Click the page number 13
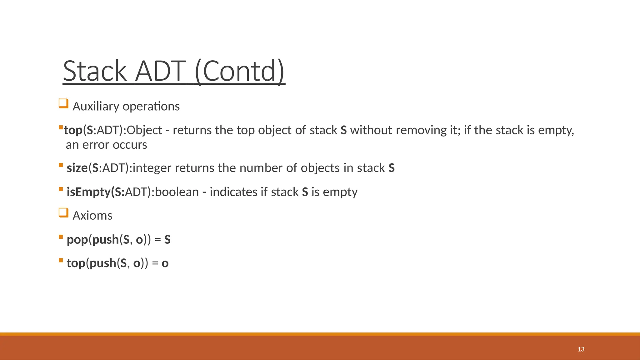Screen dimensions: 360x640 (581, 349)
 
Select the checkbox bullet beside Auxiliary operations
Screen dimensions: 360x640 (63, 103)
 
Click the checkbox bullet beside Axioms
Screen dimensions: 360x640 (63, 213)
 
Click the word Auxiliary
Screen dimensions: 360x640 (96, 107)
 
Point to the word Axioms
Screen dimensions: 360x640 (92, 216)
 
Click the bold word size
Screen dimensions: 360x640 (77, 168)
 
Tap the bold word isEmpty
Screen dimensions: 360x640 (88, 192)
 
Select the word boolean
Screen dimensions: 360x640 (177, 192)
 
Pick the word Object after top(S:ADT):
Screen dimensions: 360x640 (144, 130)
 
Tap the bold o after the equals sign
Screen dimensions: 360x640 (165, 263)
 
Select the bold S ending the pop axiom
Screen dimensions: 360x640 (167, 240)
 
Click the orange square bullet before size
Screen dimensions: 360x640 (61, 165)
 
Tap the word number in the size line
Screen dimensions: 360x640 (261, 168)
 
